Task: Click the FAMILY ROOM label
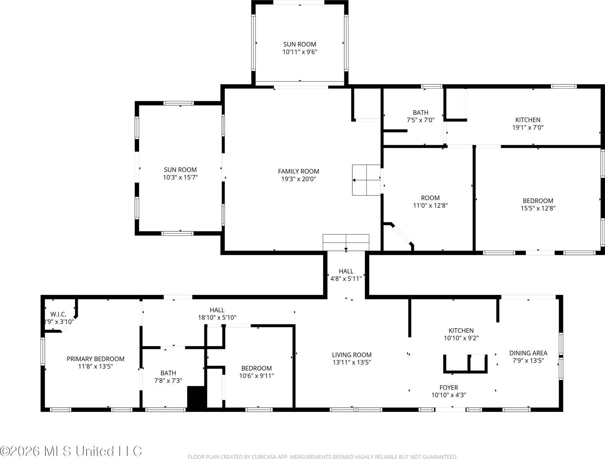pyautogui.click(x=298, y=171)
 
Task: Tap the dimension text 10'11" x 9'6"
pyautogui.click(x=300, y=52)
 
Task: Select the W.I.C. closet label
pyautogui.click(x=58, y=314)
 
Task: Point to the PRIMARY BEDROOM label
pyautogui.click(x=96, y=359)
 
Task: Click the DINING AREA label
pyautogui.click(x=528, y=353)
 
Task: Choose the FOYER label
pyautogui.click(x=449, y=387)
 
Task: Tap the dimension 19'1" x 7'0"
pyautogui.click(x=528, y=128)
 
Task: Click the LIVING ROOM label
pyautogui.click(x=352, y=355)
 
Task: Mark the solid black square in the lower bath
pyautogui.click(x=197, y=397)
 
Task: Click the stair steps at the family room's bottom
pyautogui.click(x=346, y=243)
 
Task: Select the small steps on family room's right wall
pyautogui.click(x=366, y=180)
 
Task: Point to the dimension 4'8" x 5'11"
pyautogui.click(x=346, y=279)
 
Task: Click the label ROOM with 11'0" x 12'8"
pyautogui.click(x=430, y=198)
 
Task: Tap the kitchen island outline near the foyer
pyautogui.click(x=466, y=364)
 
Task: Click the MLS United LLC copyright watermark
pyautogui.click(x=71, y=451)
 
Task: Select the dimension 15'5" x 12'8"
pyautogui.click(x=538, y=208)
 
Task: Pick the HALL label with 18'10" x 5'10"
pyautogui.click(x=217, y=310)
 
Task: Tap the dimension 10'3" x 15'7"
pyautogui.click(x=180, y=177)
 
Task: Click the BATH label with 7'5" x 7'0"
pyautogui.click(x=420, y=112)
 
